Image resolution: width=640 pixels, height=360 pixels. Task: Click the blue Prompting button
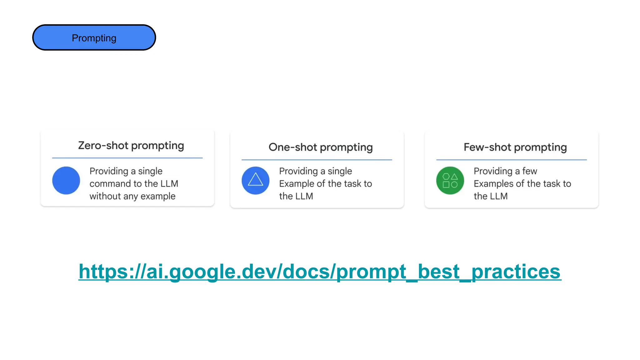pos(94,37)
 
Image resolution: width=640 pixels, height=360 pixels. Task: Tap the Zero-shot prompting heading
pos(131,146)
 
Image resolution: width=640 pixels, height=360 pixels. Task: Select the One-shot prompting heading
pos(321,147)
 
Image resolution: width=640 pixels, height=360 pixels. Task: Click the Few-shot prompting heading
pos(515,147)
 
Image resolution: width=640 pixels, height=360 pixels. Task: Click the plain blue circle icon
pos(66,180)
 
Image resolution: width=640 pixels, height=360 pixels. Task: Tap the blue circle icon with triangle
pos(255,180)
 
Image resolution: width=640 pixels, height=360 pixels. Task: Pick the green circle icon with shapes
pos(450,180)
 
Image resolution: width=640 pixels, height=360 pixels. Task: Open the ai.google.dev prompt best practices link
pos(320,271)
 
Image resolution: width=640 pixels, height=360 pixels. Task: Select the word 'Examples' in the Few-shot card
pos(493,184)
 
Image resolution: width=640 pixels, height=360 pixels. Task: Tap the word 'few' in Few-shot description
pos(529,171)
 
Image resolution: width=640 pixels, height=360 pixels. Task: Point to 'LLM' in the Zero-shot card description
pos(169,184)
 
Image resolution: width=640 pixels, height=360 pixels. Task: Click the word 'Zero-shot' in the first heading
pos(103,146)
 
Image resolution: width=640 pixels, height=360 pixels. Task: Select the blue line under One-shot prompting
pos(317,160)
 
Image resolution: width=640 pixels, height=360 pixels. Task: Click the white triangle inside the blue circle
pos(255,180)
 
